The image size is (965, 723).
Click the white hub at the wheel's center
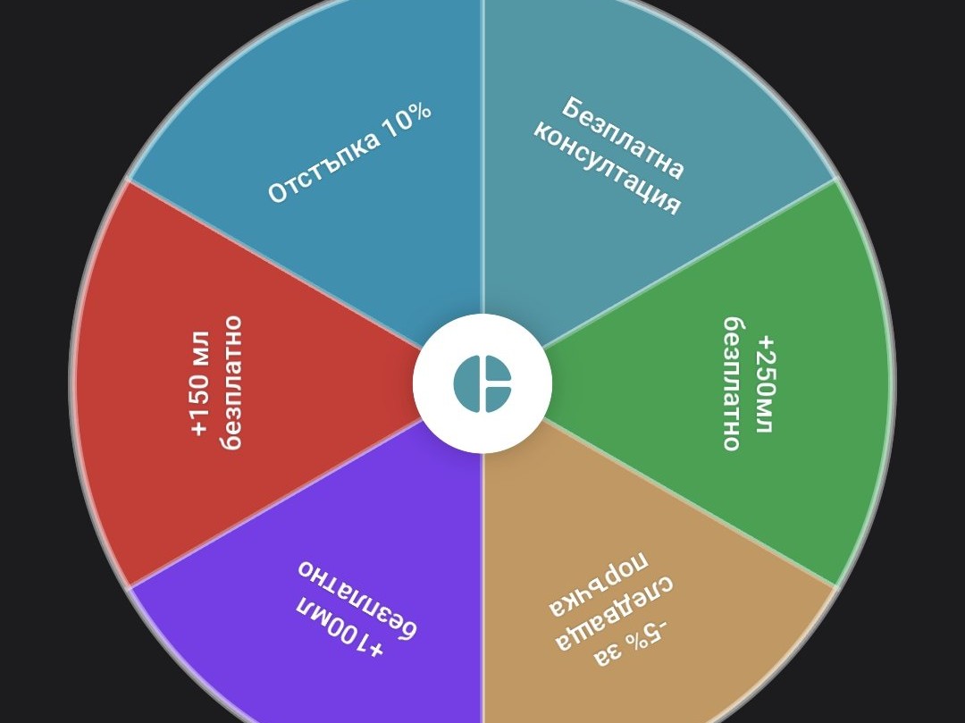[x=482, y=383]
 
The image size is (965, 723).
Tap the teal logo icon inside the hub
[x=482, y=383]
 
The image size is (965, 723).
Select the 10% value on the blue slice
[x=407, y=120]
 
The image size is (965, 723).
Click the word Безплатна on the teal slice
[x=624, y=138]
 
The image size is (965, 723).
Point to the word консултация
[x=606, y=168]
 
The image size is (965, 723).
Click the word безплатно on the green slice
[x=732, y=384]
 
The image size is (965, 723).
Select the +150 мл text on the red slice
[x=201, y=384]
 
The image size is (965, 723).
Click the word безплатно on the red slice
[x=232, y=383]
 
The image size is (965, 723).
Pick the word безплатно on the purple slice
[x=357, y=599]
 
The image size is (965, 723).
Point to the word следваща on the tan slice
[x=614, y=613]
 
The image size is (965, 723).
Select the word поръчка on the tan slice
[x=599, y=584]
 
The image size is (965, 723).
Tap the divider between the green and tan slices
[x=689, y=503]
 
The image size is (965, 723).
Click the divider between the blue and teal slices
[x=482, y=157]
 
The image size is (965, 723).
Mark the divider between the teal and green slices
[x=689, y=264]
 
